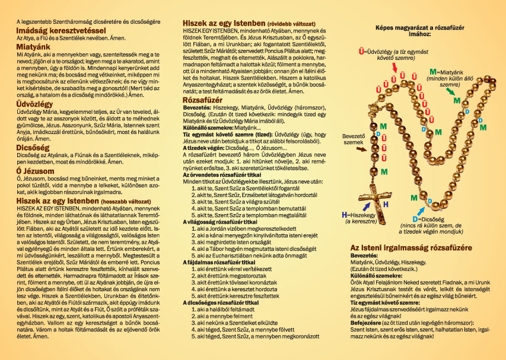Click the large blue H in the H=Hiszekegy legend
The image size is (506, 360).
point(345,214)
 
